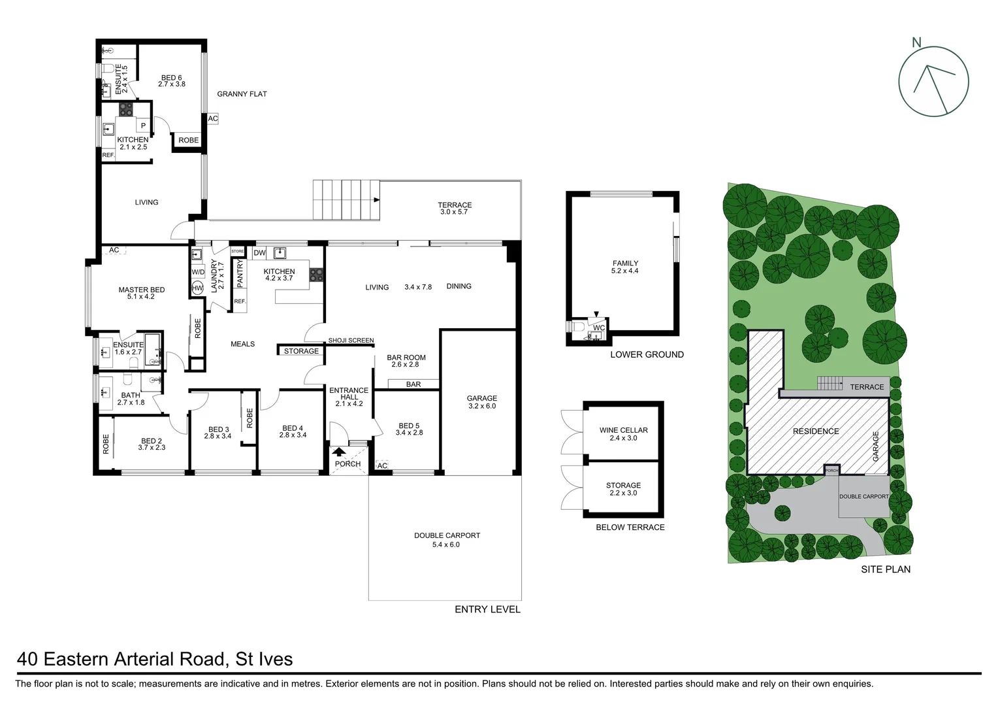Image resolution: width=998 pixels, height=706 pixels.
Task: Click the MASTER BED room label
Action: [141, 293]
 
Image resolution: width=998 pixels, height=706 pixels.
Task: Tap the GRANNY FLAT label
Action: [242, 94]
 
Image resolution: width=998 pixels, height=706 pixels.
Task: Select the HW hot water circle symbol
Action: [197, 288]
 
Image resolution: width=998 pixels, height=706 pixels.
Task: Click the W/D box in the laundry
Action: [198, 272]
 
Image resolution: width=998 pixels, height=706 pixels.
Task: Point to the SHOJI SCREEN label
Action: [351, 341]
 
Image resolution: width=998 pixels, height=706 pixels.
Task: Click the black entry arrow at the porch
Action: [339, 451]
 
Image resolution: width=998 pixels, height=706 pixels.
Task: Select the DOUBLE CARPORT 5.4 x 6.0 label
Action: [447, 539]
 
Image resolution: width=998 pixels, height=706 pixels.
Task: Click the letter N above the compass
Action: [916, 43]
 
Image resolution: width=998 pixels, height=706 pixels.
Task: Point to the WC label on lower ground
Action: [599, 328]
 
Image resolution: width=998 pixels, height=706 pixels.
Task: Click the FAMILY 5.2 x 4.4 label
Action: [625, 267]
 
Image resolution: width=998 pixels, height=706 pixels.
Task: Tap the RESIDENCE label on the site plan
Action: [816, 431]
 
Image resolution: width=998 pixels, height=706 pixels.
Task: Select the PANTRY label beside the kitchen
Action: [240, 273]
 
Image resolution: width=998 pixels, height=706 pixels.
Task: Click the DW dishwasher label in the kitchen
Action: [259, 253]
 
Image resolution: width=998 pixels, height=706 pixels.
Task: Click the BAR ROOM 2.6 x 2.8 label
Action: [406, 361]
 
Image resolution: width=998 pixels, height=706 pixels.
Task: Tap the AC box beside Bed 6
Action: [213, 119]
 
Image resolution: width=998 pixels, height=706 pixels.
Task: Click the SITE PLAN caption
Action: [885, 569]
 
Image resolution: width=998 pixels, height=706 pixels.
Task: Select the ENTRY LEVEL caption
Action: [487, 609]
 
